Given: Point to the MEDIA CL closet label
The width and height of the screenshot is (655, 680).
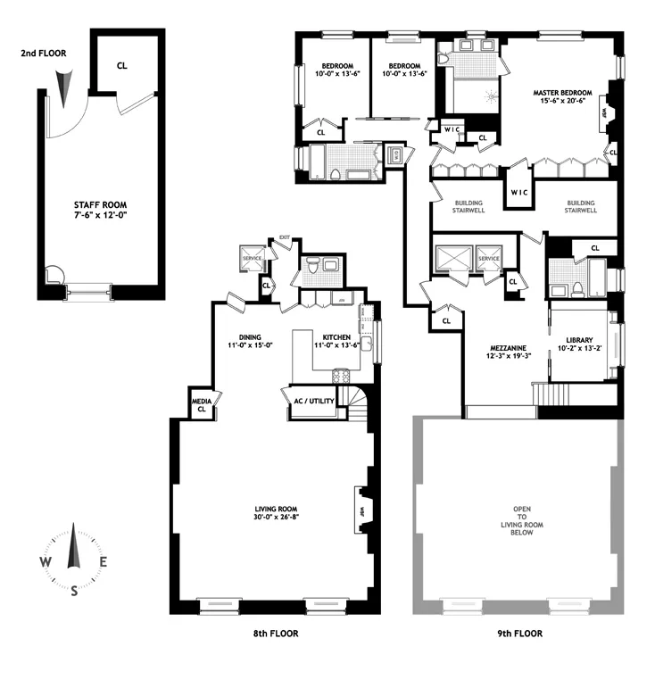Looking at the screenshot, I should click(202, 407).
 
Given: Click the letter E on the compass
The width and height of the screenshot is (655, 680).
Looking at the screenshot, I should click(104, 562).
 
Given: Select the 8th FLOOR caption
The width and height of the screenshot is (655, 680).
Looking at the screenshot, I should click(274, 634).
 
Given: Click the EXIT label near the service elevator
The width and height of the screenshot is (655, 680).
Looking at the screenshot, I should click(285, 237).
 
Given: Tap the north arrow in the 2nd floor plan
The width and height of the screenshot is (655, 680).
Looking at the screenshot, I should click(61, 87).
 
